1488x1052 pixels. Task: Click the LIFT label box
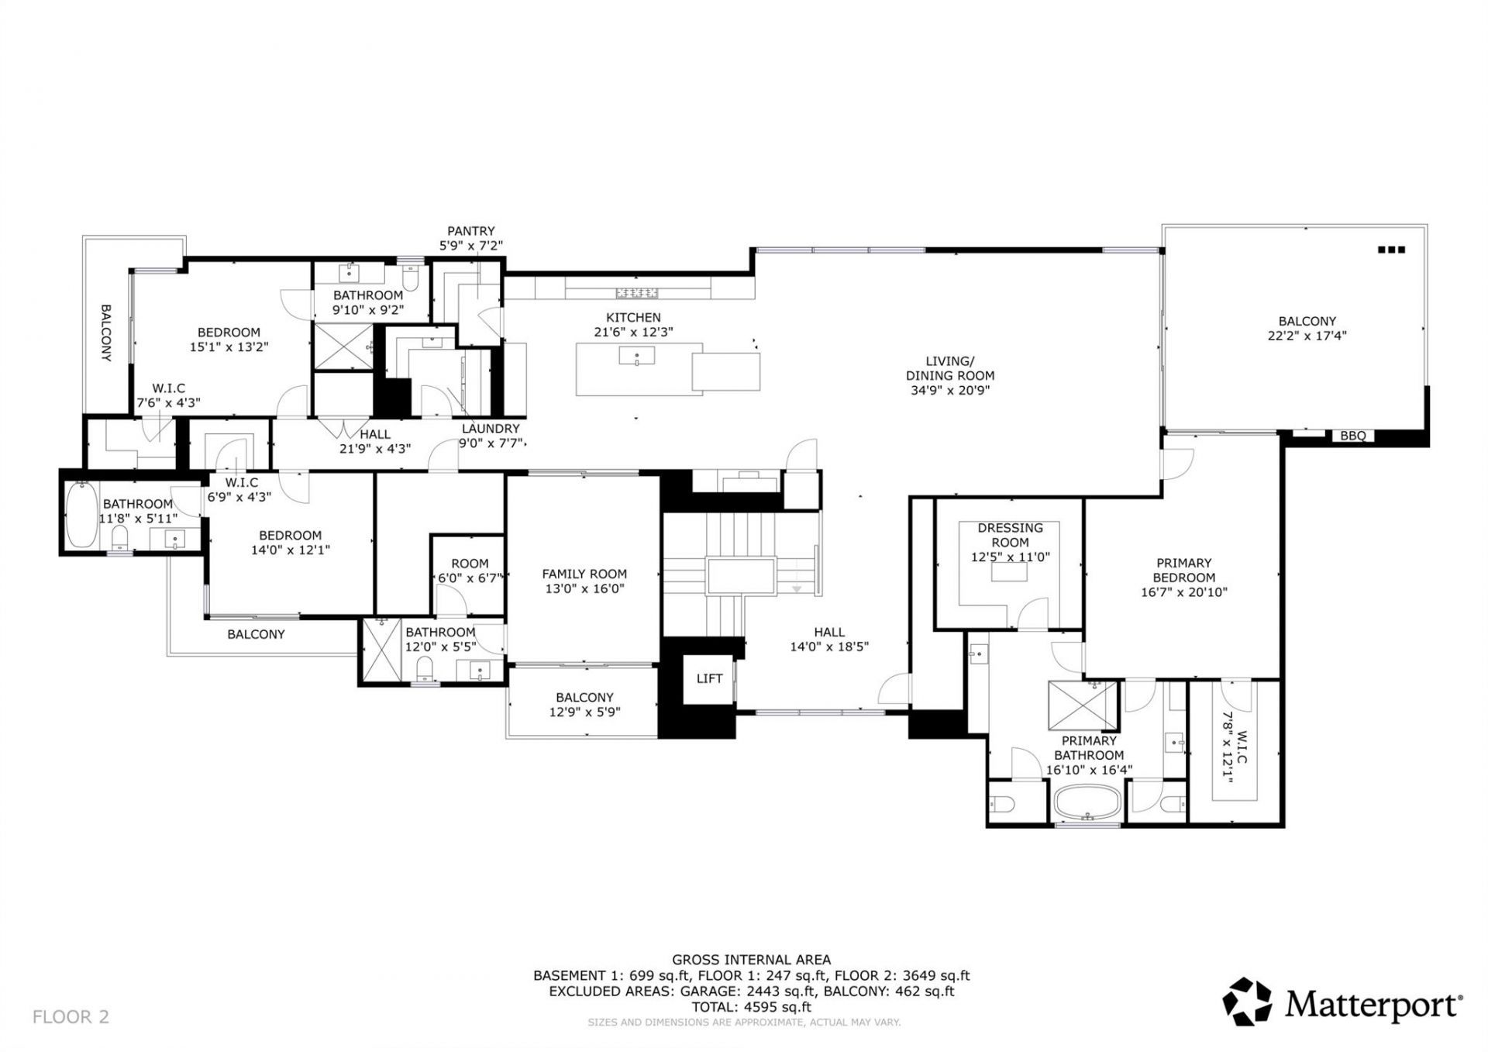pos(709,679)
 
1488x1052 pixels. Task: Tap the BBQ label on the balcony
pos(1352,436)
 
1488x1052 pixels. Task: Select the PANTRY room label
pos(470,231)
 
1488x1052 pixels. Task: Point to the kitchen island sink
pos(637,356)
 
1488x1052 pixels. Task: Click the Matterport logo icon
pos(1247,1002)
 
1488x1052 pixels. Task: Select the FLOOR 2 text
pos(71,1016)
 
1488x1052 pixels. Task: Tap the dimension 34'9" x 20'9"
pos(949,391)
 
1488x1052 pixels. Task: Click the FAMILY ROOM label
pos(584,574)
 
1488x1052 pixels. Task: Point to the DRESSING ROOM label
pos(1010,535)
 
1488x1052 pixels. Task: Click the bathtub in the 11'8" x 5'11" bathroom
pos(81,515)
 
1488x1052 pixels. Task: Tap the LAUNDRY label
pos(491,429)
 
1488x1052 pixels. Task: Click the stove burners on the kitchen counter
pos(636,292)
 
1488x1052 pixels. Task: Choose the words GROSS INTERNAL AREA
pos(751,960)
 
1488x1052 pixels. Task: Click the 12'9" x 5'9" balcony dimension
pos(584,712)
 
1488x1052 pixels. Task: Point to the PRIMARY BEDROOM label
pos(1183,571)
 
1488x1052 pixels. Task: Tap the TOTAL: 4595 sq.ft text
pos(751,1007)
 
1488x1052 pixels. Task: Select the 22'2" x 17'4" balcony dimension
pos(1307,336)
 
